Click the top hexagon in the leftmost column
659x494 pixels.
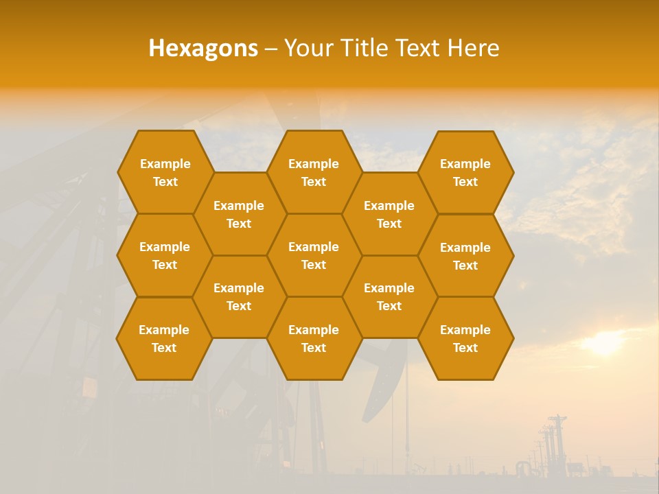click(165, 172)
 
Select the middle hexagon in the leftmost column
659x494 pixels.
click(165, 255)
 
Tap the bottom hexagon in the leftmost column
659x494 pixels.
click(164, 338)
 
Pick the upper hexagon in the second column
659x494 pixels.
click(239, 214)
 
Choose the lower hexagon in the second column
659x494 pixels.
click(239, 296)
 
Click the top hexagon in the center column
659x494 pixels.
click(314, 172)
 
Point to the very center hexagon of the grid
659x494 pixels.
click(314, 255)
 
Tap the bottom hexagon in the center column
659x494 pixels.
click(314, 338)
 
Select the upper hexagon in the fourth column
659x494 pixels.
click(389, 214)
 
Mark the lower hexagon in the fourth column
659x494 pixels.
click(389, 296)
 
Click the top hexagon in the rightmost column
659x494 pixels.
click(465, 172)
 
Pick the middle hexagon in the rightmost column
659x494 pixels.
click(465, 256)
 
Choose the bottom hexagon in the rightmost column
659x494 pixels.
click(465, 338)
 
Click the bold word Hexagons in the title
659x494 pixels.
click(203, 48)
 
